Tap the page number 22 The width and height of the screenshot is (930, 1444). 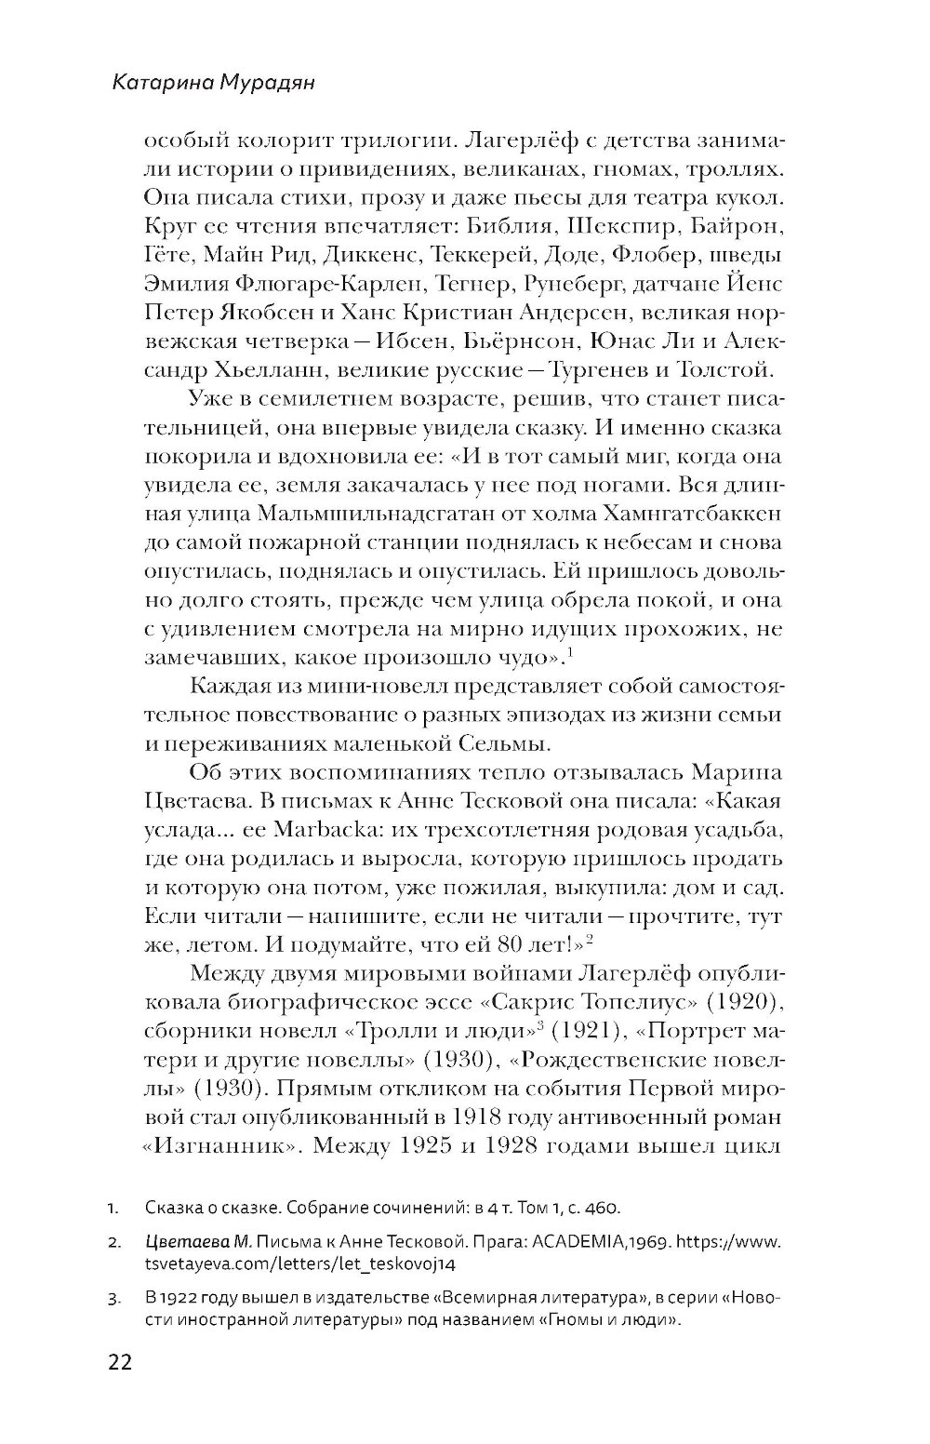[121, 1363]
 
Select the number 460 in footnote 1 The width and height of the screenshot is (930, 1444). [601, 1209]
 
